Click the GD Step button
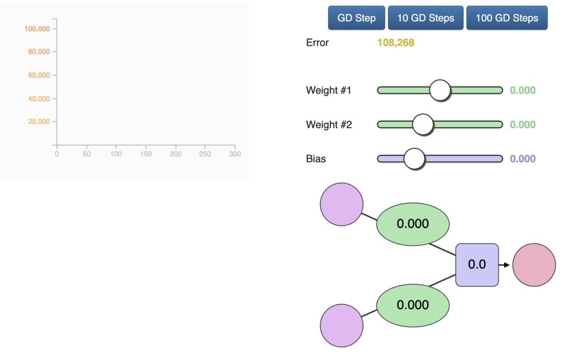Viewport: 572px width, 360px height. pos(357,18)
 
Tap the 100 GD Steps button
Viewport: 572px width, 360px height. pos(507,18)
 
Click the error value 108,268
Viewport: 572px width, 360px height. pos(395,43)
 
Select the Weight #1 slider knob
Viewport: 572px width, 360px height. pos(440,90)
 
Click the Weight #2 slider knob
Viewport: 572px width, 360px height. pos(423,124)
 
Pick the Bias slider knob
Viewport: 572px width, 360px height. pos(414,159)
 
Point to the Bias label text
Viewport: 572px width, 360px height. pos(316,159)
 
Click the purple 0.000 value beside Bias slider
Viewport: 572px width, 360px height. pos(523,159)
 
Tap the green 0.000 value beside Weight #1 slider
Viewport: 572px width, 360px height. pos(523,90)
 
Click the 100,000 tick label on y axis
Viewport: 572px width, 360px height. pos(37,29)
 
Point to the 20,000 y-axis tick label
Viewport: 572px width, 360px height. pos(39,121)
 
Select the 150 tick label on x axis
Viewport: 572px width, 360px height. pos(146,154)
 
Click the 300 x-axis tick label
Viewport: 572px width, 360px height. pos(235,154)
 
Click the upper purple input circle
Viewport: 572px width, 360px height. pos(341,204)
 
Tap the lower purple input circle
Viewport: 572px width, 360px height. pos(341,325)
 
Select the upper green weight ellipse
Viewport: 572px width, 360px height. pos(413,224)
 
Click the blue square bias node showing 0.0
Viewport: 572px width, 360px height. pos(477,265)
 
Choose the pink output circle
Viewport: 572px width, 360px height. pos(534,265)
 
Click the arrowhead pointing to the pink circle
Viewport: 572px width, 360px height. pos(507,265)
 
